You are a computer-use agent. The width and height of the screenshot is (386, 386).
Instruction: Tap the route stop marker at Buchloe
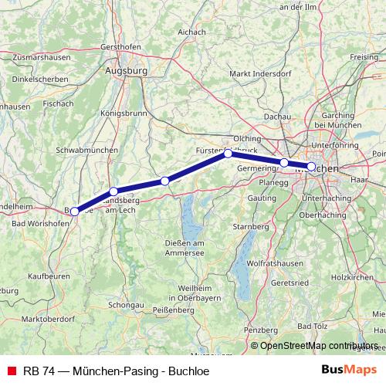(75, 211)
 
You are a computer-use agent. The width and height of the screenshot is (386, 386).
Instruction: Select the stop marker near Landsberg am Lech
(113, 191)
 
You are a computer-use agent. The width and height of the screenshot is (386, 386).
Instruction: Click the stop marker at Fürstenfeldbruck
(229, 154)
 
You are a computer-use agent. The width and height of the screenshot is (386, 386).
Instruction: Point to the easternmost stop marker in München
(311, 166)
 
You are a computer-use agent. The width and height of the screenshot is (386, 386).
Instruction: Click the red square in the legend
(10, 370)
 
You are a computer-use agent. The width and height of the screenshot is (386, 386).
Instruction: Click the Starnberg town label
(251, 227)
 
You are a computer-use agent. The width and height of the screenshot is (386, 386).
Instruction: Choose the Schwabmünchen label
(86, 150)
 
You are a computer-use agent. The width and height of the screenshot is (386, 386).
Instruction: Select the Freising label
(364, 58)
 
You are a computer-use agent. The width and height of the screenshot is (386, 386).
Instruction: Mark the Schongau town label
(126, 305)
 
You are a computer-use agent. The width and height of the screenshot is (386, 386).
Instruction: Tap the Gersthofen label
(124, 46)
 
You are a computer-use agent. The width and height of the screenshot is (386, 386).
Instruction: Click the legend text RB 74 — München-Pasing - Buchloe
(114, 370)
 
